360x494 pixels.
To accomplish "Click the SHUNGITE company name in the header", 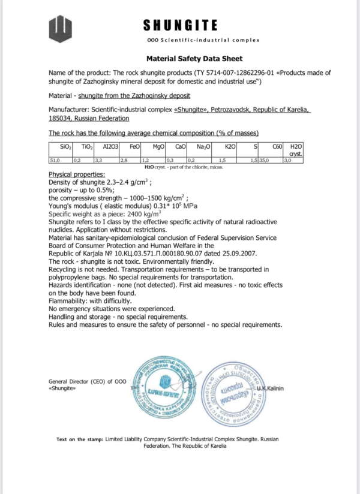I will tap(180, 25).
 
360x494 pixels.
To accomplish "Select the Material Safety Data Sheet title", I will tap(194, 59).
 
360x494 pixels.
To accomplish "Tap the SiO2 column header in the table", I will tap(65, 146).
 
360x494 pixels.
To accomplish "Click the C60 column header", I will tap(277, 146).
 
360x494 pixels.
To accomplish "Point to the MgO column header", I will tap(159, 146).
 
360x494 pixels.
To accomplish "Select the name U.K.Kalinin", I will tap(271, 388).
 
